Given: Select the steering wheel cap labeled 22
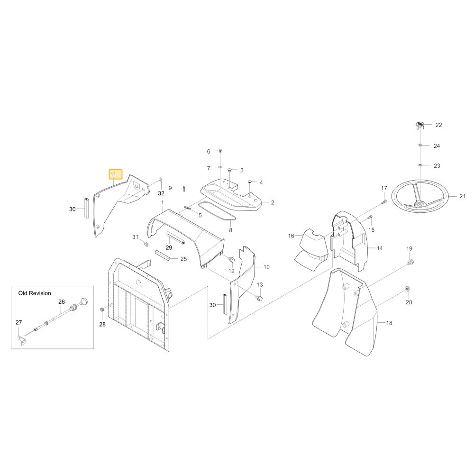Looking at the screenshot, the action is coord(419,125).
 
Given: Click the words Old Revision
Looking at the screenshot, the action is coord(35,293).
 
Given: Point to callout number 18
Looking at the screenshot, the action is coord(389,323).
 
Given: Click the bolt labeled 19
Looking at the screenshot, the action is coord(410,262).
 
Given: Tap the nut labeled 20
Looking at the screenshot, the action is coord(408,289).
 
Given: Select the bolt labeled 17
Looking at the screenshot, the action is coord(384,201).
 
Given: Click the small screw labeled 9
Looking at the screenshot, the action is coord(184,189).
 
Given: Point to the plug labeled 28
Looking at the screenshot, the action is coord(102,310).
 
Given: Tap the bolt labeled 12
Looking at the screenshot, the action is coord(232,259).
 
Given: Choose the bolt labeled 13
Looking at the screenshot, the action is coord(259,299).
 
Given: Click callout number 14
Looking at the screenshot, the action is coord(380,248).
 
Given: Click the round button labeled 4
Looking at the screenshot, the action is coord(250,181).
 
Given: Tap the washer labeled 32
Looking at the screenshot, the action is coord(160,180).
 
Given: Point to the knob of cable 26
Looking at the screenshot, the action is coord(83,301).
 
